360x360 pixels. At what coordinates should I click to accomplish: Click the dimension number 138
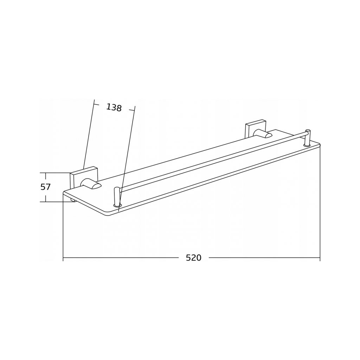(114, 108)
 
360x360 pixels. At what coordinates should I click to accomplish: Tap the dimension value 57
(45, 187)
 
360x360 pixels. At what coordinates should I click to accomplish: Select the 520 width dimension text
(194, 258)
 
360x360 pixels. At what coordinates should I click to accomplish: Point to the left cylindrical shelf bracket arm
(91, 184)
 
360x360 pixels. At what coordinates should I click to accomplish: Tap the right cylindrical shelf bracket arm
(263, 134)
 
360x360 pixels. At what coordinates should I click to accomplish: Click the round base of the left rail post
(117, 205)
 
